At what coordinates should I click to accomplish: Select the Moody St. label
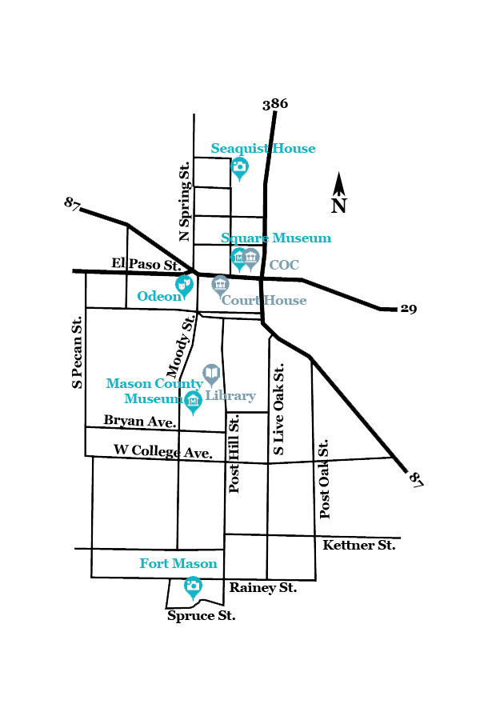(x=182, y=346)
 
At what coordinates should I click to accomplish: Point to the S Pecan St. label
(x=78, y=352)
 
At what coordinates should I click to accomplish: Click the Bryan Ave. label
(x=140, y=421)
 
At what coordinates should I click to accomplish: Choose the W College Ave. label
(x=163, y=452)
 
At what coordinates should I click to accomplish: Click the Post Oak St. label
(x=324, y=478)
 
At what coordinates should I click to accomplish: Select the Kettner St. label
(x=358, y=546)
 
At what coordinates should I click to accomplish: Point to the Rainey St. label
(x=262, y=588)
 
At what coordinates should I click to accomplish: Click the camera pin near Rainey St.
(x=193, y=586)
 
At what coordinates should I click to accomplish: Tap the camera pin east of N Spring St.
(x=239, y=166)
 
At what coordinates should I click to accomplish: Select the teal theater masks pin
(x=184, y=284)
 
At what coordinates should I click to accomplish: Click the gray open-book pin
(x=211, y=372)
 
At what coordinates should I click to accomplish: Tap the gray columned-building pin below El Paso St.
(x=220, y=284)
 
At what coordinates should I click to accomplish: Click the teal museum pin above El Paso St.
(x=238, y=257)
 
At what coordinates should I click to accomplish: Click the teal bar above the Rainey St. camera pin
(x=178, y=563)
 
